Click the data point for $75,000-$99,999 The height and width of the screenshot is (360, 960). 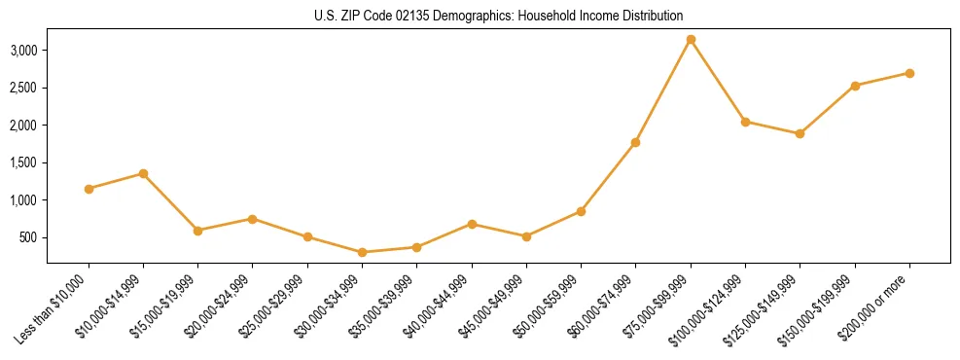tap(691, 40)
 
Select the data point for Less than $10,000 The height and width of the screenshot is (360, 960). tap(89, 189)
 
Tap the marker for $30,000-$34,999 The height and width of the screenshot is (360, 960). tap(362, 252)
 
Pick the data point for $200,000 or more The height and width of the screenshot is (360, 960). tap(909, 73)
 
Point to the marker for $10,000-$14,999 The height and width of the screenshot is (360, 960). tap(143, 173)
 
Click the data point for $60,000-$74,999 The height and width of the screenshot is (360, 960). tap(635, 142)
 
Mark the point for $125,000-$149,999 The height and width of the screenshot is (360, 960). tap(800, 133)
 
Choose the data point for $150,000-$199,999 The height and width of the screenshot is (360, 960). tap(855, 86)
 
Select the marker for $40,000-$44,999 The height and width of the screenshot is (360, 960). tap(472, 224)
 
